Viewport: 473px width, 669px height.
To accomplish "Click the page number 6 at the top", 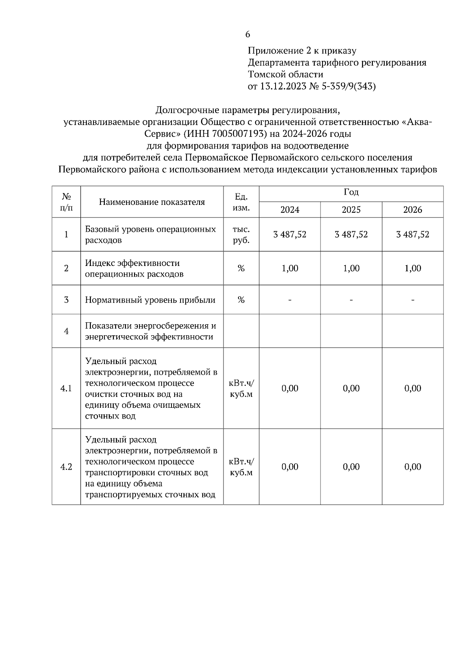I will coord(248,35).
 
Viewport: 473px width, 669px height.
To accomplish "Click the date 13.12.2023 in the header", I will coord(283,86).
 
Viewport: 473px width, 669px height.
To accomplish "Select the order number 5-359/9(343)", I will coord(349,86).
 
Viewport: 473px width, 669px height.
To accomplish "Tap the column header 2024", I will coord(290,210).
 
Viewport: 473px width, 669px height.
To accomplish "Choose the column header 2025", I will coord(351,210).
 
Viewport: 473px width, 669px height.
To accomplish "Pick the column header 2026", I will coord(413,210).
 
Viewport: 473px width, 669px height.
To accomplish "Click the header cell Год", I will coord(351,193).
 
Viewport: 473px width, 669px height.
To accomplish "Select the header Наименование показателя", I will coord(152,202).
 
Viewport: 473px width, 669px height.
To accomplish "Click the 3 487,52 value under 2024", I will coord(290,235).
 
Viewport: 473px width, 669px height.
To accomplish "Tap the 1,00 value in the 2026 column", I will coord(413,269).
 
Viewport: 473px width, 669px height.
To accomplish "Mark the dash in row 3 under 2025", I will coord(351,300).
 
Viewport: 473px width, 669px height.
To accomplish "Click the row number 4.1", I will coord(66,388).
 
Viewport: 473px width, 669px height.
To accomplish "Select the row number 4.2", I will coord(66,467).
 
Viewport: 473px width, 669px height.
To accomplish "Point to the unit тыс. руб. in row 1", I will coord(241,235).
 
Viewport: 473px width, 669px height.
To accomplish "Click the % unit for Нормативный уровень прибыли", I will coord(241,300).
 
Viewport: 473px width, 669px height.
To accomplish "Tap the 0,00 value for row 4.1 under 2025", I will coord(351,388).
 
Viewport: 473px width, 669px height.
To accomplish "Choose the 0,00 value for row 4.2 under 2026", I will coord(413,467).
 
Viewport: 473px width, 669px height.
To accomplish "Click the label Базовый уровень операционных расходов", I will coord(150,235).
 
